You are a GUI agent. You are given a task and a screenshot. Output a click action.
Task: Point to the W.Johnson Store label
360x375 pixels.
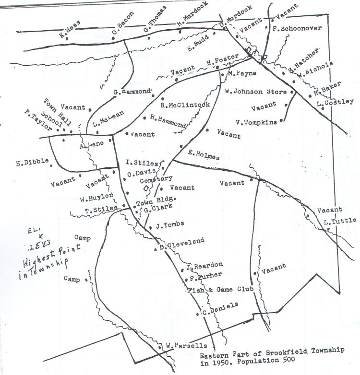(x=255, y=91)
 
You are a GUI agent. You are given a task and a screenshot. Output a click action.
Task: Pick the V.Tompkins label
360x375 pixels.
(x=256, y=122)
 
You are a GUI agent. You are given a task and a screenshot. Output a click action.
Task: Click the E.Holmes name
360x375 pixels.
(x=204, y=156)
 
